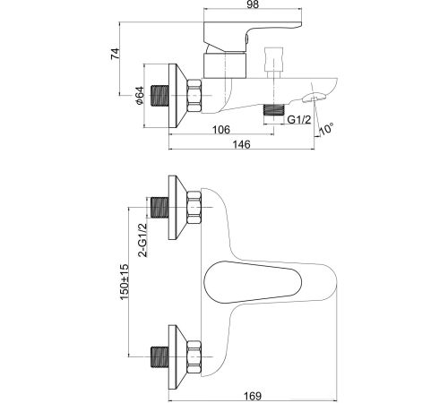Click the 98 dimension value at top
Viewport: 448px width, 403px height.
pyautogui.click(x=252, y=4)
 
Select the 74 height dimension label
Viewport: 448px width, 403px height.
pyautogui.click(x=116, y=54)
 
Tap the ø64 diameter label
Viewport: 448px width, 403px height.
pyautogui.click(x=140, y=96)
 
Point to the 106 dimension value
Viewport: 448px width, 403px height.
pyautogui.click(x=221, y=130)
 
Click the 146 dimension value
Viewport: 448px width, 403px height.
pyautogui.click(x=241, y=144)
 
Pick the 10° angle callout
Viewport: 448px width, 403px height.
pyautogui.click(x=326, y=129)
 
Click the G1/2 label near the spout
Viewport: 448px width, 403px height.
pyautogui.click(x=299, y=120)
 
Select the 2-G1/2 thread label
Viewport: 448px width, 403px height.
pyautogui.click(x=142, y=240)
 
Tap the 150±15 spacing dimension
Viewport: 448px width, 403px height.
pyautogui.click(x=124, y=282)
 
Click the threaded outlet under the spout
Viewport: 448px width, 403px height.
pyautogui.click(x=273, y=110)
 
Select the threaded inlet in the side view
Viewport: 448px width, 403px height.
pyautogui.click(x=160, y=96)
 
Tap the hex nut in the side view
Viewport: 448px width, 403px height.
pyautogui.click(x=194, y=96)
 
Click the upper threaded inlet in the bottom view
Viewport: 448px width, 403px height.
pyautogui.click(x=160, y=208)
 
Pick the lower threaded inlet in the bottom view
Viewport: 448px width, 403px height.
pyautogui.click(x=160, y=357)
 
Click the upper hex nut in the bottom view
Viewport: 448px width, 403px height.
pyautogui.click(x=194, y=208)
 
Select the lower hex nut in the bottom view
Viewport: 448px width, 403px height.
pyautogui.click(x=194, y=357)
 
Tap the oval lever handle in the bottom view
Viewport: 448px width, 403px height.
pyautogui.click(x=253, y=282)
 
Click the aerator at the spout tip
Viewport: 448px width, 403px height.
pyautogui.click(x=314, y=98)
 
